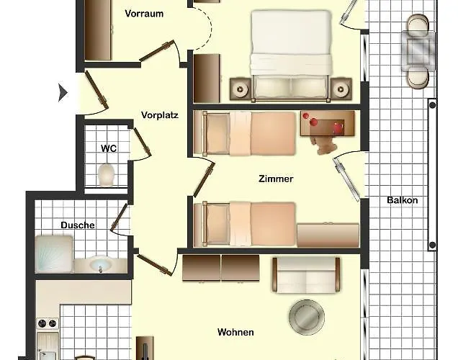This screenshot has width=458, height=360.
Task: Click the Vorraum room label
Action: click(x=144, y=14)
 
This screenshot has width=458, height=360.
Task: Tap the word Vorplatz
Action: click(x=160, y=115)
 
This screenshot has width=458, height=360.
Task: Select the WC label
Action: click(x=109, y=148)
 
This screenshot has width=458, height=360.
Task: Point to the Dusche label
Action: click(x=78, y=225)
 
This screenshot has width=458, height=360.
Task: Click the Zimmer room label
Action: click(x=276, y=179)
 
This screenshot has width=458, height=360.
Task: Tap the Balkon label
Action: click(x=403, y=200)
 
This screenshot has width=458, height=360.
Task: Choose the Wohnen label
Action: click(x=235, y=332)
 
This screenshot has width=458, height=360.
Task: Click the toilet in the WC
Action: click(x=106, y=175)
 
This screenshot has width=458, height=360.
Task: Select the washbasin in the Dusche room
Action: click(x=101, y=264)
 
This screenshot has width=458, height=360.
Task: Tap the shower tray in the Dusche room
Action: click(x=54, y=254)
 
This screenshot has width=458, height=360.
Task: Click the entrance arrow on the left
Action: click(x=63, y=93)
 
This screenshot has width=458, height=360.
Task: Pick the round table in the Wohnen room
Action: click(x=306, y=317)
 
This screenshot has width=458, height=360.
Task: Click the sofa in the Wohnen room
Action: click(x=306, y=275)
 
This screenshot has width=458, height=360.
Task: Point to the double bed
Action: click(x=291, y=55)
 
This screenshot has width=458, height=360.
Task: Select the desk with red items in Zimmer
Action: click(x=328, y=123)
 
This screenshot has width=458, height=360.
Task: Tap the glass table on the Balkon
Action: click(x=418, y=51)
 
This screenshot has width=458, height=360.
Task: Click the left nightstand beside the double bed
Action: click(x=241, y=89)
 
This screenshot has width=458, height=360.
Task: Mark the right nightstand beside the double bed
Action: click(x=341, y=89)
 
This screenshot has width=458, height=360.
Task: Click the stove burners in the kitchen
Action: click(x=48, y=323)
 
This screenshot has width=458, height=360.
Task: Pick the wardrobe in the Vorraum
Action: click(x=98, y=30)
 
